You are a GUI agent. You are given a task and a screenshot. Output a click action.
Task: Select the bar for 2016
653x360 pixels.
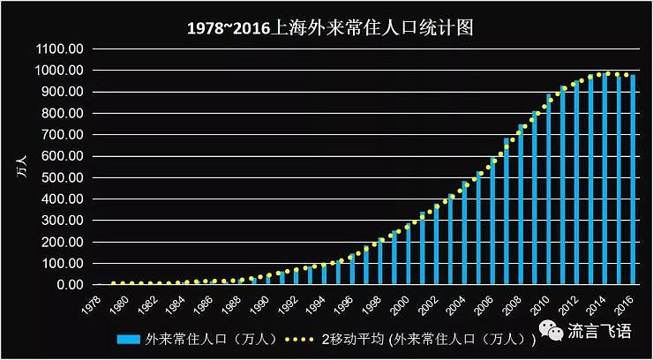(x=633, y=181)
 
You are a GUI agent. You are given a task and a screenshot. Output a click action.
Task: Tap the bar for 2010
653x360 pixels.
(x=548, y=190)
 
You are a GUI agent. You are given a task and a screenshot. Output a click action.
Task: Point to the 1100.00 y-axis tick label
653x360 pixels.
(x=59, y=49)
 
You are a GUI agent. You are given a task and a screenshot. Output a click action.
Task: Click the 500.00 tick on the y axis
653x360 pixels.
(x=62, y=177)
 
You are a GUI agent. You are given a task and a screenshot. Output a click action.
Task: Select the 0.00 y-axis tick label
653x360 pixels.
(x=68, y=285)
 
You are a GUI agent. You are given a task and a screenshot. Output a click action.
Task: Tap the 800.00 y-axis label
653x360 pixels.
(x=62, y=113)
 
